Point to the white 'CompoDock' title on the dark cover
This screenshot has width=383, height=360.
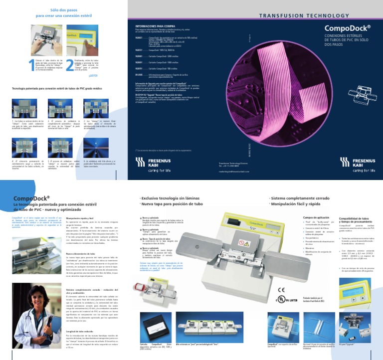[347, 28]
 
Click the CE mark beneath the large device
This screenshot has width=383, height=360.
[281, 289]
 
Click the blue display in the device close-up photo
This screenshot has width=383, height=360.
[354, 290]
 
